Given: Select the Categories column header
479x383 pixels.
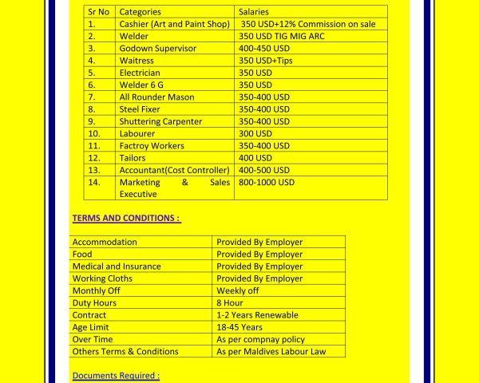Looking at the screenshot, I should tap(140, 12).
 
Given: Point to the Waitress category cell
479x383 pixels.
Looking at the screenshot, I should tap(137, 61).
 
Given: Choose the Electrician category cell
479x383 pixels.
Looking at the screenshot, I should tap(140, 73).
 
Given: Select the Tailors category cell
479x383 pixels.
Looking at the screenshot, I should tap(133, 158).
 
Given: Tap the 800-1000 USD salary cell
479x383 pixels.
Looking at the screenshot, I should tap(267, 182).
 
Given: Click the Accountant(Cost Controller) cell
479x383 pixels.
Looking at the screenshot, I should tap(174, 170).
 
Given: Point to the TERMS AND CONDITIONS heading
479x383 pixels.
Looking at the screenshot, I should tap(126, 218).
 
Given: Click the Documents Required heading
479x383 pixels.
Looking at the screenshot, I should tap(116, 375).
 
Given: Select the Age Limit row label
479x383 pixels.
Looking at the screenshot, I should tap(90, 327).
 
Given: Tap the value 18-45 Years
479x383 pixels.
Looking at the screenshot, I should tap(239, 327).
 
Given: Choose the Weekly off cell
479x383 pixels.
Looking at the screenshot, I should tap(238, 290).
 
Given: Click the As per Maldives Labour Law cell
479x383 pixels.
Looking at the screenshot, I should tap(270, 351).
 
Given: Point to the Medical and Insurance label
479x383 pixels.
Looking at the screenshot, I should tap(117, 267).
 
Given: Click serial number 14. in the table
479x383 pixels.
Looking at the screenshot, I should tap(93, 182).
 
